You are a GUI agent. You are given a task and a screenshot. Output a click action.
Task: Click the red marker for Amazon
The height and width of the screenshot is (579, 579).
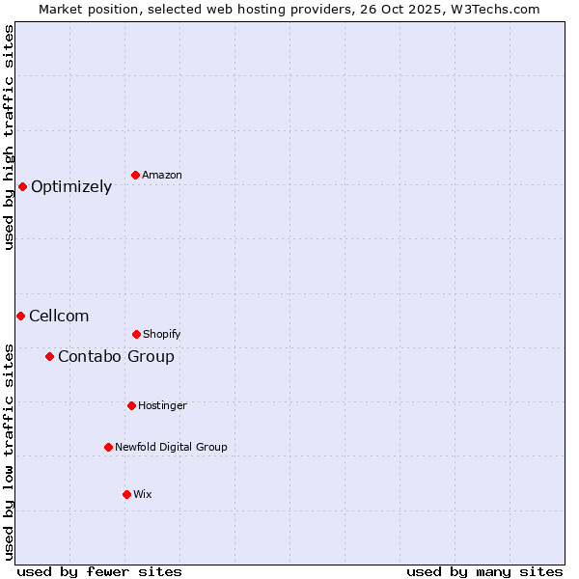point(135,175)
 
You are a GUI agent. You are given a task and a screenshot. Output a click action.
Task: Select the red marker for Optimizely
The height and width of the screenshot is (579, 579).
point(22,186)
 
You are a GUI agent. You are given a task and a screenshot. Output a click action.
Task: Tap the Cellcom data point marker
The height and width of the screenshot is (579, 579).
point(20,316)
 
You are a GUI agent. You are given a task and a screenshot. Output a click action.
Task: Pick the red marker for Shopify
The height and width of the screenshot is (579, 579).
point(136,334)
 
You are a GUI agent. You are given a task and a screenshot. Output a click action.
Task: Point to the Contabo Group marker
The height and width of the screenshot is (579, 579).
point(49,356)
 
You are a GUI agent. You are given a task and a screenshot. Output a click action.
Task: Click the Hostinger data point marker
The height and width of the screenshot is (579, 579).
point(131,405)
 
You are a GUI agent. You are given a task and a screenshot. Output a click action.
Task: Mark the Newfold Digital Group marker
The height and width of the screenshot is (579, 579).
point(108,447)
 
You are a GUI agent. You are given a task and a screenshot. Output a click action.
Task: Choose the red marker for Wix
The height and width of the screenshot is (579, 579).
point(126,494)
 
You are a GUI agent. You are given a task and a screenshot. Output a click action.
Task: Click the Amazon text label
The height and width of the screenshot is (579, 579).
point(162,175)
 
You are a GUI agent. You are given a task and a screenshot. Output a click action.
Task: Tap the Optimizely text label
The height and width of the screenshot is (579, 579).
point(71,186)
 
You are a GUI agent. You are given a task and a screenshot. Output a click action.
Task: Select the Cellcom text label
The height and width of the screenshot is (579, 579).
point(59,316)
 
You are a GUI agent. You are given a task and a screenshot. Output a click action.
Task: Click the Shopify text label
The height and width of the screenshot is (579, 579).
point(162,334)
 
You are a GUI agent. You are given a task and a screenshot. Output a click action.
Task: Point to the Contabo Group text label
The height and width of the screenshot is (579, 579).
point(116,356)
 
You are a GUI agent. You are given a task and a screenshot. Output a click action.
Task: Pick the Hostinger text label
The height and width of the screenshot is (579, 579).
point(162,405)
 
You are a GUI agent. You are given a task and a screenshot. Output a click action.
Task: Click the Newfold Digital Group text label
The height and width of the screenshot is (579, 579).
point(171,447)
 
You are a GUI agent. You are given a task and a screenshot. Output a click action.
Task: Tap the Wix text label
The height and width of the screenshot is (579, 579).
point(143,494)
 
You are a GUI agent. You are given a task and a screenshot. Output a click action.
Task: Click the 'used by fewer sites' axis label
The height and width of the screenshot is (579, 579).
point(99,571)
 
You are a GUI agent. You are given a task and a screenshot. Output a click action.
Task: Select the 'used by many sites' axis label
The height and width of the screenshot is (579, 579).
point(484,571)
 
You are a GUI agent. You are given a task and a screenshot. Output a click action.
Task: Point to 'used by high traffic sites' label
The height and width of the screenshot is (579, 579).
point(9,137)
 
